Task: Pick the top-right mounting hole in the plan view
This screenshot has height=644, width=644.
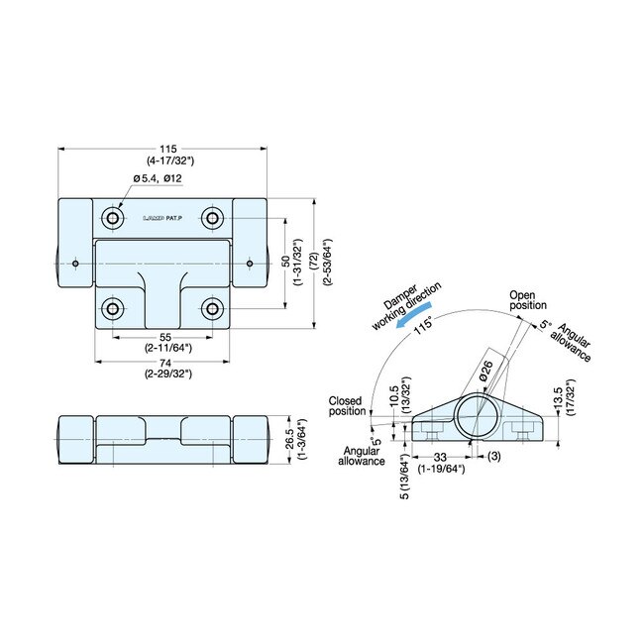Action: point(212,217)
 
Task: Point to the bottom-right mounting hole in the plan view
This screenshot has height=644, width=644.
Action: point(212,309)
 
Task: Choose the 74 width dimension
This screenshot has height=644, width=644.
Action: point(163,364)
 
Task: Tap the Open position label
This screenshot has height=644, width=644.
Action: point(527,300)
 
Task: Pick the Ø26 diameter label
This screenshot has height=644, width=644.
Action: point(486,372)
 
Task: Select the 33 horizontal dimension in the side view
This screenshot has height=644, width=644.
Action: point(440,457)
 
